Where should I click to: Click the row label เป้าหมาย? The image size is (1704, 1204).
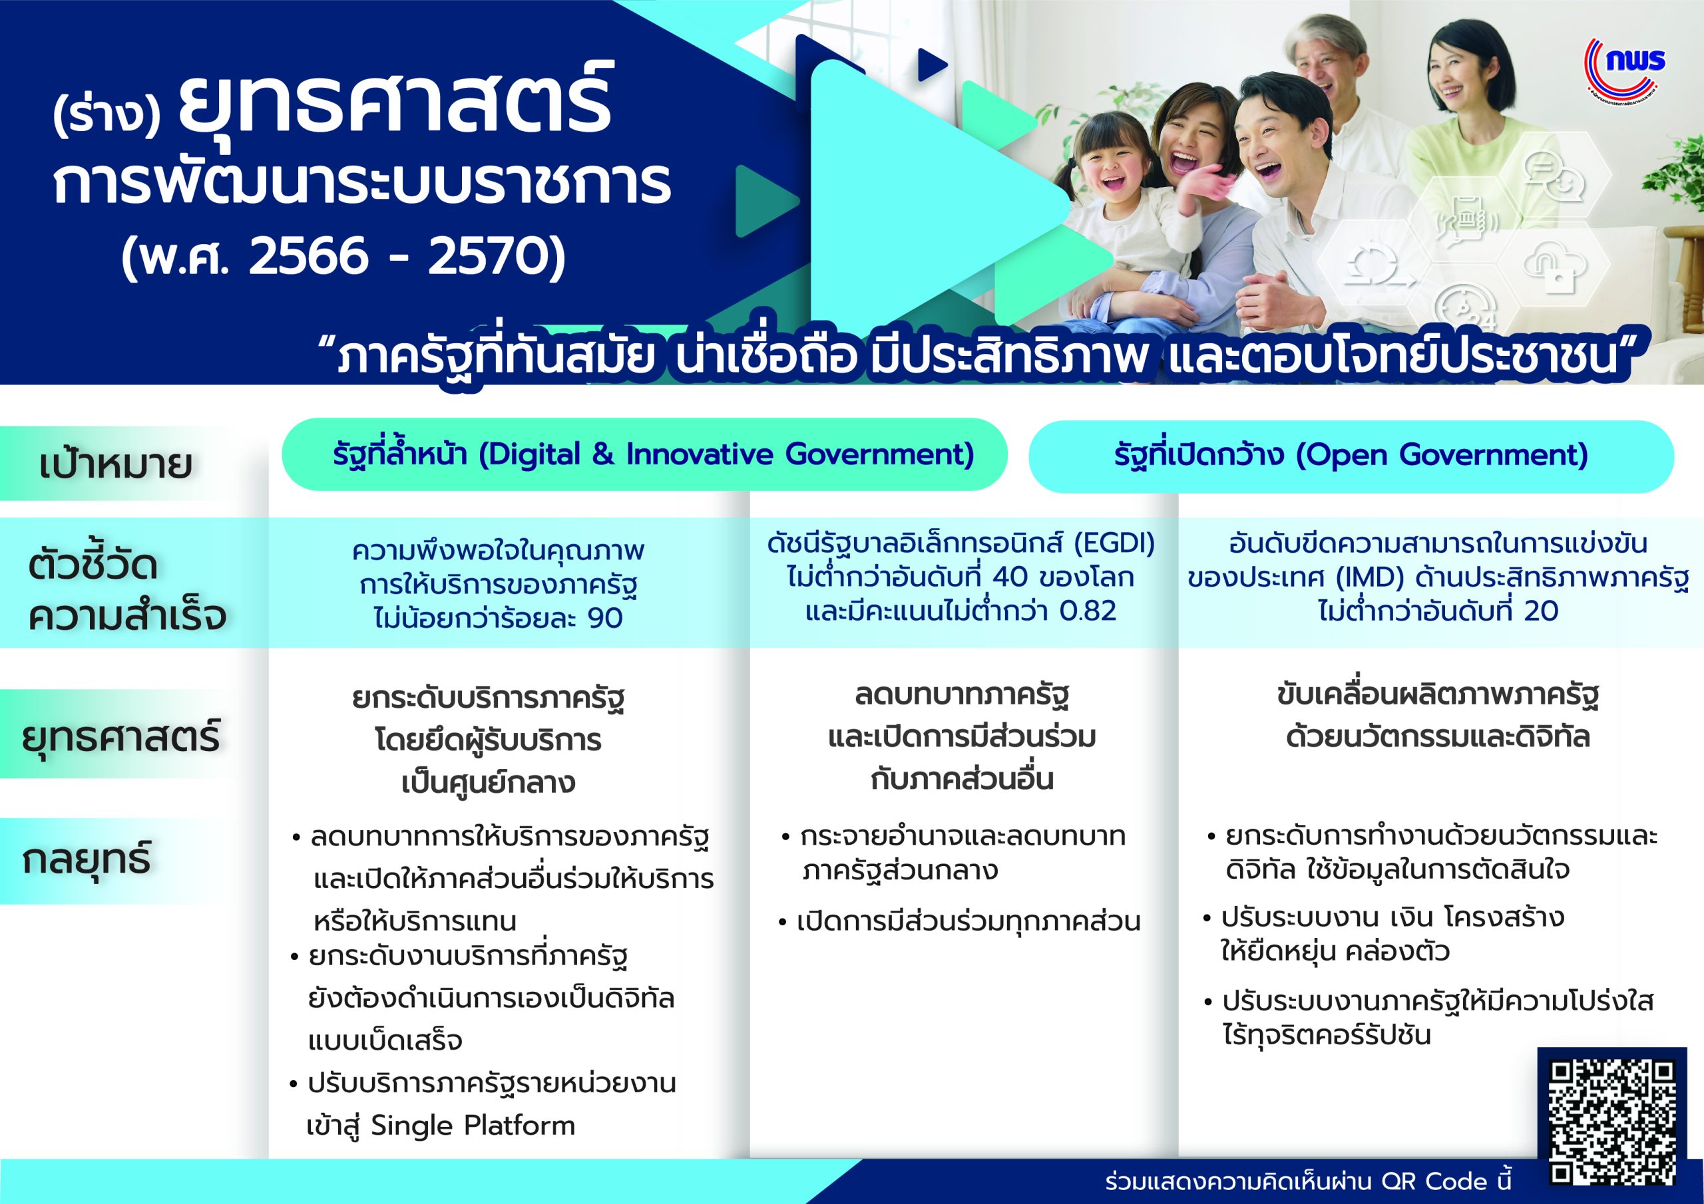pos(116,464)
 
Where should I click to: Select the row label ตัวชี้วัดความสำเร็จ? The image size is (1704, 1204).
pos(126,591)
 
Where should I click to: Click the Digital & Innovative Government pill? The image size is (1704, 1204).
pos(644,455)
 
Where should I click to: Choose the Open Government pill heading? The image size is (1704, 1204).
pos(1351,456)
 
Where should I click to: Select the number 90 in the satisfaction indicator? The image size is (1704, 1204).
pos(604,618)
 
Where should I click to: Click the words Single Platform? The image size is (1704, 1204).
pos(473,1126)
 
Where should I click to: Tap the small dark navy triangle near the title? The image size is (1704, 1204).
pos(932,65)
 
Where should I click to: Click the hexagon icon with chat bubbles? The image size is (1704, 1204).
pos(1555,178)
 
